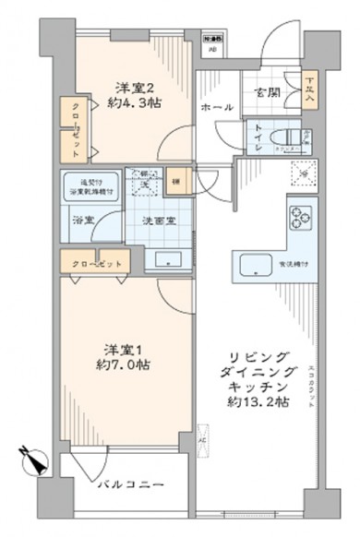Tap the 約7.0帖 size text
127,363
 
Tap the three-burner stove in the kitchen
303,218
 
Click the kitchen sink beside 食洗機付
256,268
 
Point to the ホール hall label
214,108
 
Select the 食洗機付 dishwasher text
293,268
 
